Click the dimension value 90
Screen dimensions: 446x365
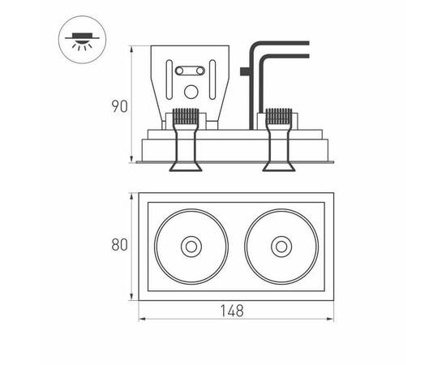click(x=119, y=106)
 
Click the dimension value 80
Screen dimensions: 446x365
click(x=119, y=245)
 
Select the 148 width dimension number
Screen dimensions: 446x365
click(x=233, y=311)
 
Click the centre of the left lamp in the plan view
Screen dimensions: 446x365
click(x=191, y=247)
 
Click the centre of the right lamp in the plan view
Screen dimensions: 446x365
click(x=281, y=247)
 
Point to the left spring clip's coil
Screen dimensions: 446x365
click(x=186, y=116)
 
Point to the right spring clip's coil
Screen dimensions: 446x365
click(x=278, y=116)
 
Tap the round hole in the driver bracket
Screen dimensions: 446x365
click(x=191, y=92)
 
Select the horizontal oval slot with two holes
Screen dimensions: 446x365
click(x=190, y=71)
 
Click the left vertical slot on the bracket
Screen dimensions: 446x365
click(x=169, y=79)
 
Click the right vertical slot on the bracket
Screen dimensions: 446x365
click(x=212, y=79)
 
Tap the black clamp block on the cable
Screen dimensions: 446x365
click(x=245, y=71)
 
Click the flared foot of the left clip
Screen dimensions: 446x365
click(x=186, y=166)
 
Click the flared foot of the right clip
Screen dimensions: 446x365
click(x=278, y=166)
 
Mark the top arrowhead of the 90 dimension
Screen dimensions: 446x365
click(x=131, y=49)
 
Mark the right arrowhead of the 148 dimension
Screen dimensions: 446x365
click(x=330, y=319)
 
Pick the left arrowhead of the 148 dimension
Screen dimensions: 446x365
click(x=142, y=319)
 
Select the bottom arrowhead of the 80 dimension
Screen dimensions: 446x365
click(x=131, y=297)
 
